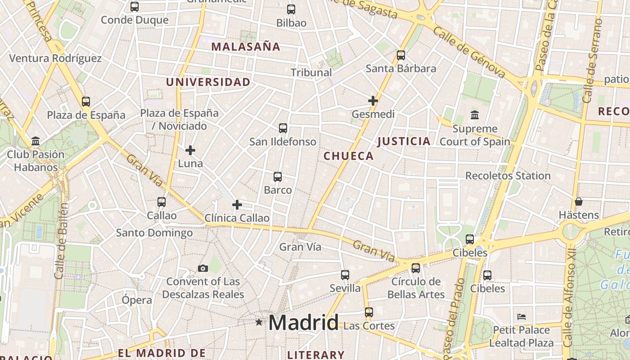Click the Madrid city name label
tap(303, 323)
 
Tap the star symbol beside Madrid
tap(259, 322)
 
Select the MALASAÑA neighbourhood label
tap(246, 46)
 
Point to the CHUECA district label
tap(349, 156)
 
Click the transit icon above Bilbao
tap(291, 9)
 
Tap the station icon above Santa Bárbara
tap(401, 55)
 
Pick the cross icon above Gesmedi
tap(373, 101)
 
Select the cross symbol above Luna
tap(190, 150)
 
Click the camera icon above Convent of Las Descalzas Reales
tap(203, 268)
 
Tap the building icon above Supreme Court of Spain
tap(475, 115)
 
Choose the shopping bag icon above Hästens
tap(579, 201)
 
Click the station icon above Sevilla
tap(345, 274)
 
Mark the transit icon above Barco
tap(278, 176)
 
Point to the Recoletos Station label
tap(508, 175)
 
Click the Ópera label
tap(137, 300)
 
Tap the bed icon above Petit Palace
tap(522, 316)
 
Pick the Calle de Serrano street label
tap(593, 61)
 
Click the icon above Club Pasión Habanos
tap(36, 141)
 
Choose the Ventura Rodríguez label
tap(55, 58)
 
